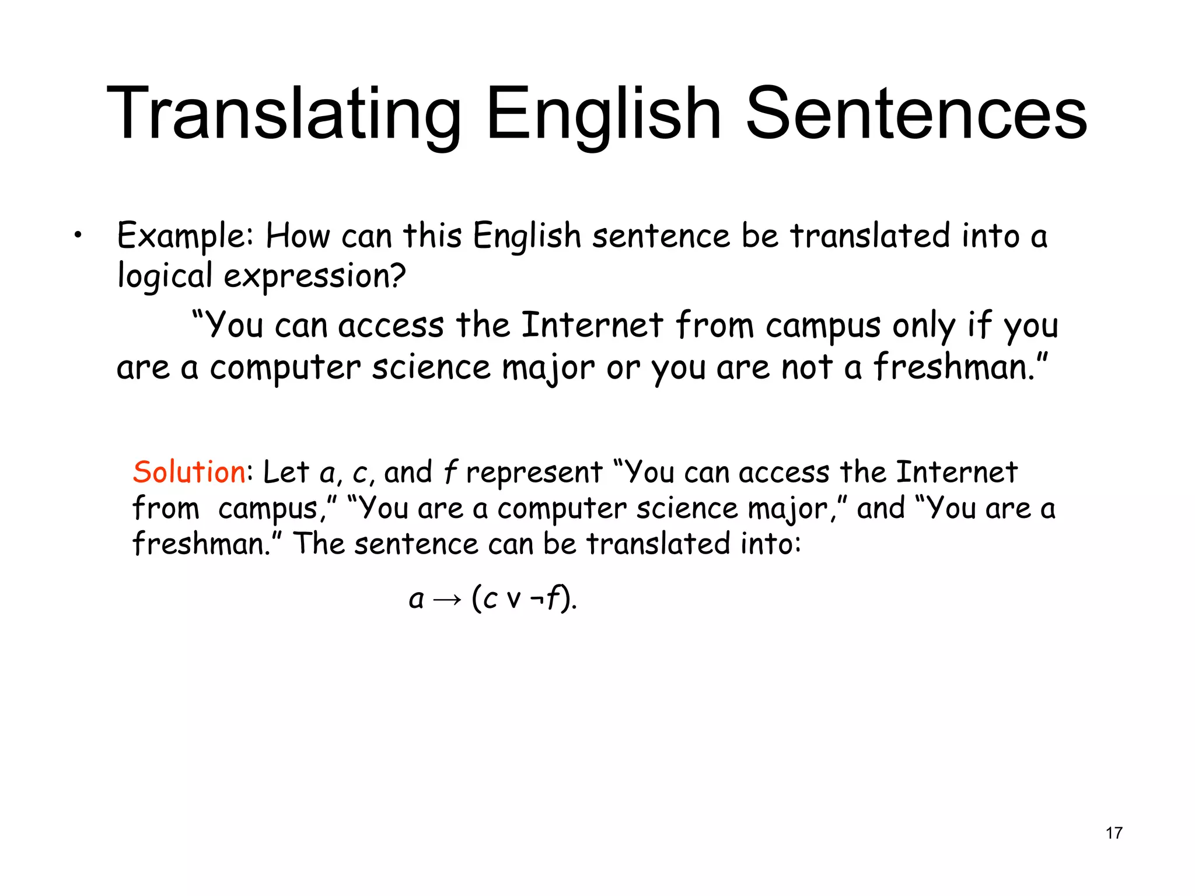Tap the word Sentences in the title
[x=916, y=114]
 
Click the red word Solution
[x=189, y=472]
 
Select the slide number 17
[x=1114, y=833]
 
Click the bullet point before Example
[x=78, y=236]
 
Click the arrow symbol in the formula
[x=448, y=600]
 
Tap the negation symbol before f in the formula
[x=536, y=599]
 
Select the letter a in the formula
[x=416, y=600]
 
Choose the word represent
[x=534, y=473]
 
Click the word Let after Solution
[x=285, y=472]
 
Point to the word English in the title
[x=604, y=114]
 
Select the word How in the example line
[x=298, y=236]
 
